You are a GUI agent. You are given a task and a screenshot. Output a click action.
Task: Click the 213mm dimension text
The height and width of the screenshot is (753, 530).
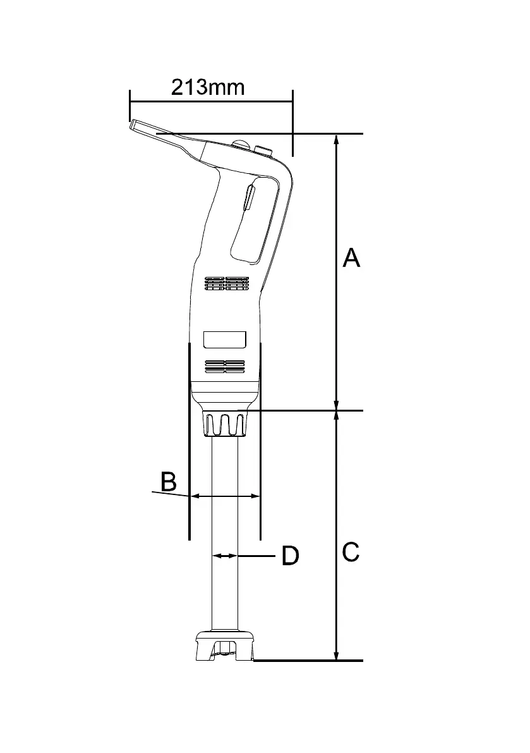[207, 86]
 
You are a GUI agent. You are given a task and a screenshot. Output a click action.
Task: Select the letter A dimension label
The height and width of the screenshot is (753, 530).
[351, 258]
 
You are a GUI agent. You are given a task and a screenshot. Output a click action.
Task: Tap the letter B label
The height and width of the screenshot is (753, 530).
[168, 482]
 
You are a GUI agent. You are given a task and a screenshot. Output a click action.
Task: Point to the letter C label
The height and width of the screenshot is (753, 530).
[351, 552]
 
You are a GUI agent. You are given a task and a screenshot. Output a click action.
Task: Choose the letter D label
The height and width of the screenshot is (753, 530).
[289, 556]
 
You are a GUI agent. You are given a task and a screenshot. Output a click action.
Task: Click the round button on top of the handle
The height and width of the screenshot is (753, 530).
[240, 145]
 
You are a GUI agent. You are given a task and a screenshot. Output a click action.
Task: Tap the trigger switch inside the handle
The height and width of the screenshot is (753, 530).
[249, 198]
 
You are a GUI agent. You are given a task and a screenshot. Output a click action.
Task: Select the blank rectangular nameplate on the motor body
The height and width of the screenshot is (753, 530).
[224, 340]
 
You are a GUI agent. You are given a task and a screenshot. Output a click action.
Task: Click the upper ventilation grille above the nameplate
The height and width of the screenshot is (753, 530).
[226, 283]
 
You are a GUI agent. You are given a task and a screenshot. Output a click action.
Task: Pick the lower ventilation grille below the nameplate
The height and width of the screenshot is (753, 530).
[225, 366]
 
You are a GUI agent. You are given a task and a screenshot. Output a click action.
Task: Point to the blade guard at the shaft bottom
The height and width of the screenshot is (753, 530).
[225, 646]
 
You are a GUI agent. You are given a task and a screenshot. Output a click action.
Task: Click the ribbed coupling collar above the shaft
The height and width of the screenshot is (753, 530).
[224, 423]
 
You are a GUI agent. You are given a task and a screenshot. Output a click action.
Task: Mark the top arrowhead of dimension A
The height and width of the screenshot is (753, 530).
[336, 140]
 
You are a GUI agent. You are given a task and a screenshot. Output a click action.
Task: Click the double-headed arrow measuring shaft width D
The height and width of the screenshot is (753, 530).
[224, 556]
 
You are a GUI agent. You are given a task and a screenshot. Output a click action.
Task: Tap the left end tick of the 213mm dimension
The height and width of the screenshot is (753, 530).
[129, 104]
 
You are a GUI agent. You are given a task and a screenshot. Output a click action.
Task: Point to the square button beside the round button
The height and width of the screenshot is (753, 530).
[263, 150]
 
